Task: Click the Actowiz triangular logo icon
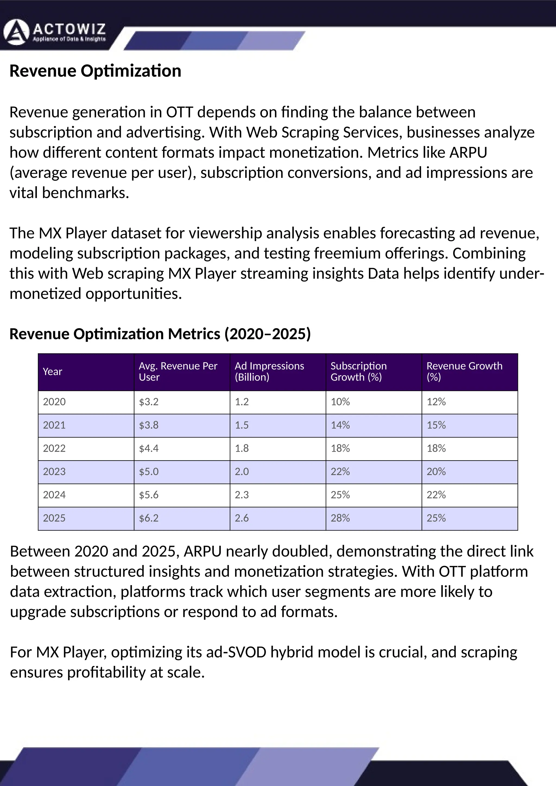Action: (16, 33)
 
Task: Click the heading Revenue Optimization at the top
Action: (95, 71)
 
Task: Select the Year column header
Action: (52, 372)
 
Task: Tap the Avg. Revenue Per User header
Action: (178, 372)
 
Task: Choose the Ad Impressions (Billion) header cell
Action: (269, 372)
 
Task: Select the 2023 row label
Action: (54, 472)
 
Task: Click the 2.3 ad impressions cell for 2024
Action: (241, 495)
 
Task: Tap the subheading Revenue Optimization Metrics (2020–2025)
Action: (160, 334)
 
